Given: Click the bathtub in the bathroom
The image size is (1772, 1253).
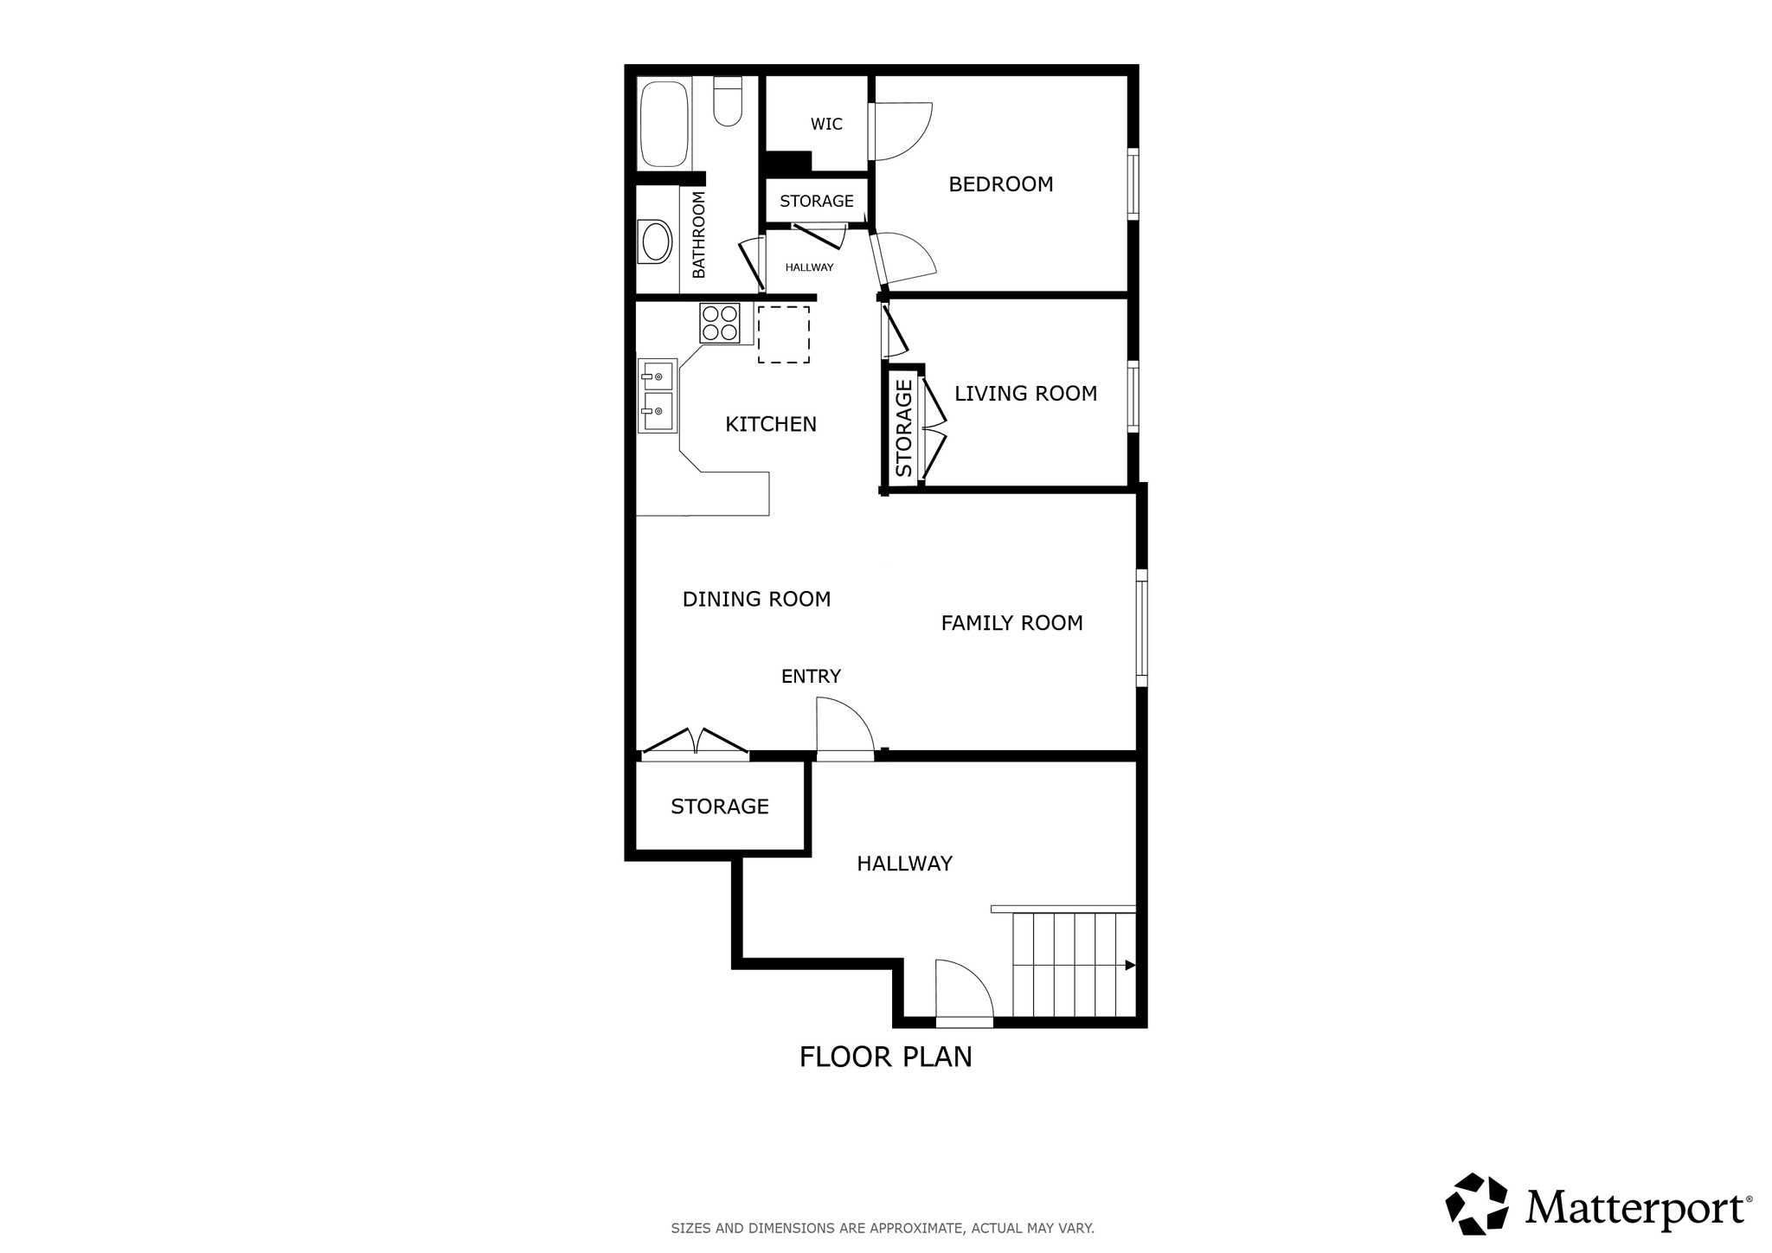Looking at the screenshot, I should coord(664,124).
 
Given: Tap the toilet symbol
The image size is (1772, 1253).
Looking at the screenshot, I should coord(728,102).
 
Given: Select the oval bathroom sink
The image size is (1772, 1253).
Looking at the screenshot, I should coord(655,242).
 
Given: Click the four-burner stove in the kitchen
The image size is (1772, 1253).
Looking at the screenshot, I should coord(720,323).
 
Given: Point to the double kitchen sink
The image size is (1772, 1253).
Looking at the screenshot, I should coord(657,395).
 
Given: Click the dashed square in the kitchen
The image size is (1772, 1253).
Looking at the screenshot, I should coord(784,334).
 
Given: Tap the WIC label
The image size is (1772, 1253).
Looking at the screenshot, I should coord(826,124).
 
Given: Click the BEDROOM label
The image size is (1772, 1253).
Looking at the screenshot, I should coord(1000,184).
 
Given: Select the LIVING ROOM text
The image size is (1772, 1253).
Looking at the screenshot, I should coord(1025,394).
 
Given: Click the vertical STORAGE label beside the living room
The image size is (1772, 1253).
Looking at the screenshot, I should coord(903,427).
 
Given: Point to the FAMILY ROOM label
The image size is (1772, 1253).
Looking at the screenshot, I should coord(1011,623).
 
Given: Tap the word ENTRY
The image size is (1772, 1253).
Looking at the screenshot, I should coord(811,677).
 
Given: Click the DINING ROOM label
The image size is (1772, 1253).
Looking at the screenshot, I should coord(756,599).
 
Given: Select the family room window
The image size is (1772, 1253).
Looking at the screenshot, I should coord(1141,627).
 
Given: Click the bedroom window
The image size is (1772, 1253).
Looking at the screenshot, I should coord(1133,183).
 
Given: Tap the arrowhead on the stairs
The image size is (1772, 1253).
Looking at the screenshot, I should coord(1130,966).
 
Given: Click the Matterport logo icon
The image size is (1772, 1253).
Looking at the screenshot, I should coord(1477,1204).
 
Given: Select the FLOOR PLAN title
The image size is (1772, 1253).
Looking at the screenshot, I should coord(885,1057).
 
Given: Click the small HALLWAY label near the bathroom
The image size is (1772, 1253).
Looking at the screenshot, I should coord(809,267).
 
